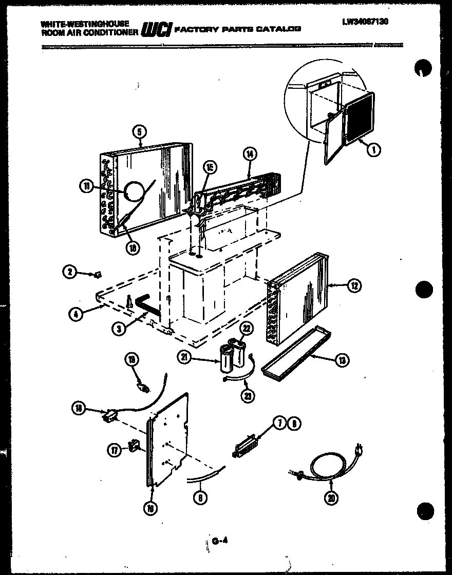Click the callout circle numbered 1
[x=374, y=150]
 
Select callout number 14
[x=251, y=154]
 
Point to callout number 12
[x=354, y=286]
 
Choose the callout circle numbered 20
[x=332, y=497]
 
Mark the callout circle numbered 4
[x=76, y=314]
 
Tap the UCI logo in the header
[x=156, y=30]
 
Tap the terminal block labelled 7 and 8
[x=245, y=443]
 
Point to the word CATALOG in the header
[x=282, y=30]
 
